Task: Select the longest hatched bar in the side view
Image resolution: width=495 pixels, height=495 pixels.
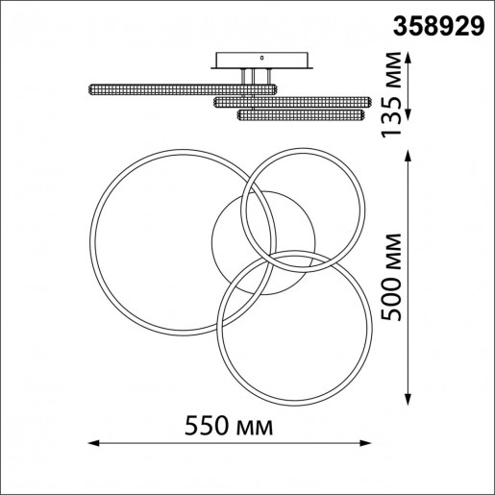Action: point(183,89)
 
